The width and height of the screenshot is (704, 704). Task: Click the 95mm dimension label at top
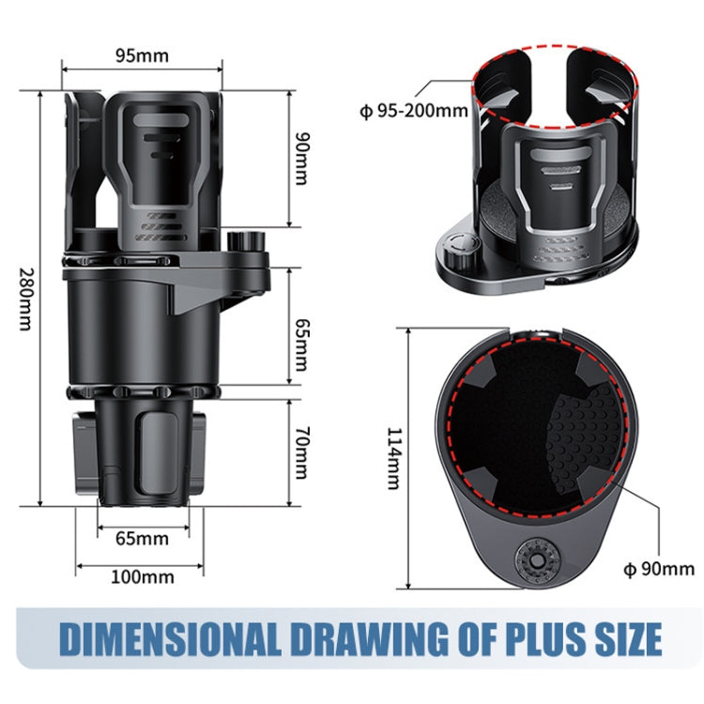[142, 54]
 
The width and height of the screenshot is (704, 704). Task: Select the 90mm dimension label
[300, 159]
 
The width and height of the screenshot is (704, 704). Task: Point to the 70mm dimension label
[300, 451]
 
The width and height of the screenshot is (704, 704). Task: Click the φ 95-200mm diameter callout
[413, 112]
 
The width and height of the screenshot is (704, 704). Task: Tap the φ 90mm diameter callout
[659, 568]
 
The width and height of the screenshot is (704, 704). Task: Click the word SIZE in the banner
[623, 639]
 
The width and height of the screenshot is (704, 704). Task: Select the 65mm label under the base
[142, 538]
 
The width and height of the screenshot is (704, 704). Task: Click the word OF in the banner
[459, 639]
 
